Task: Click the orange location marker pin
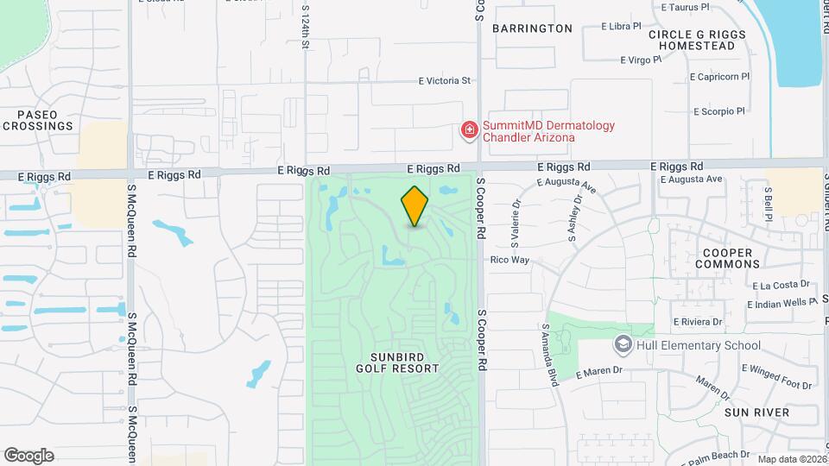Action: click(x=414, y=206)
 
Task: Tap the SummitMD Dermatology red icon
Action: click(x=470, y=130)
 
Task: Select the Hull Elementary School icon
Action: click(x=622, y=345)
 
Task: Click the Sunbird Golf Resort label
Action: click(x=397, y=362)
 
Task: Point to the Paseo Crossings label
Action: click(x=37, y=120)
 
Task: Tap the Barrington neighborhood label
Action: click(x=532, y=28)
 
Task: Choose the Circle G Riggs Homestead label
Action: click(x=696, y=40)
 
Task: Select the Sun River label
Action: click(x=756, y=412)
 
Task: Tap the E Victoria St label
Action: click(x=444, y=81)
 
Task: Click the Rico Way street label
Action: click(x=509, y=260)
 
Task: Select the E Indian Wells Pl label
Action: click(x=782, y=304)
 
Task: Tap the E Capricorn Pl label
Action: click(x=719, y=77)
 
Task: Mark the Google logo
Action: click(x=28, y=455)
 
